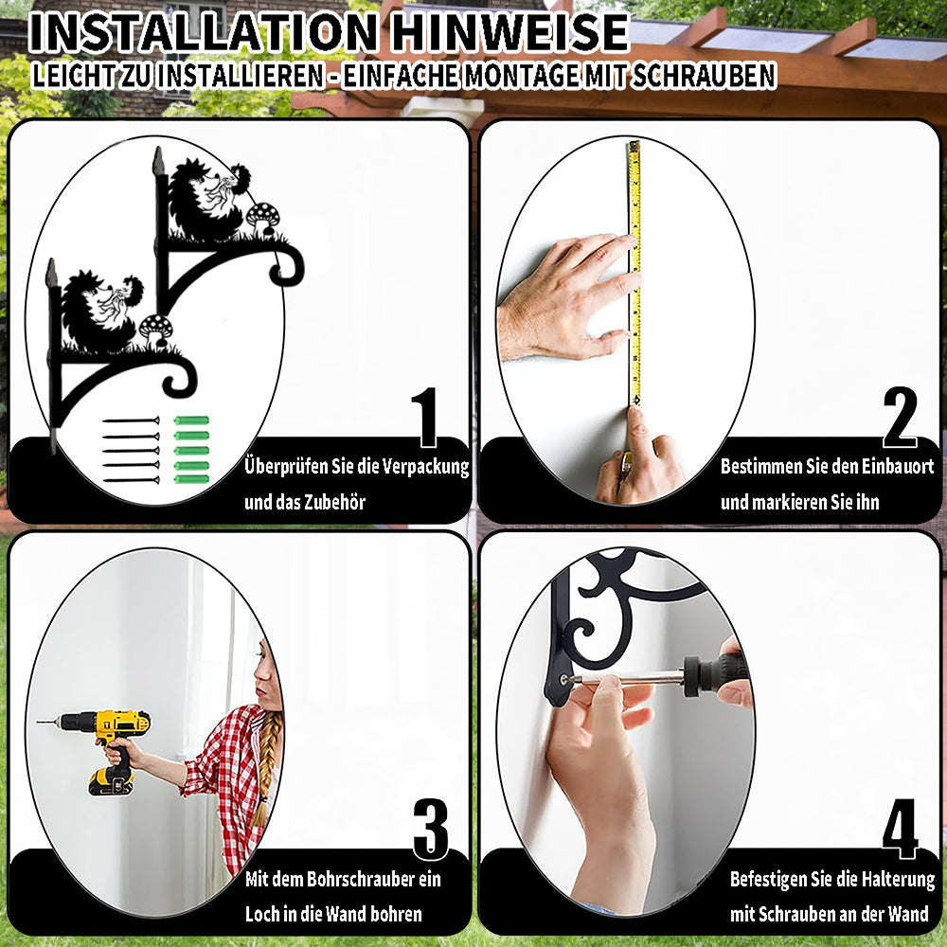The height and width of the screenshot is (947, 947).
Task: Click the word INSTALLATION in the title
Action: coord(203,32)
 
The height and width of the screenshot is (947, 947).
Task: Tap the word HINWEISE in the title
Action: coord(509,32)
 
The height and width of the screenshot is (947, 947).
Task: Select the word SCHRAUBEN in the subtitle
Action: coord(703,76)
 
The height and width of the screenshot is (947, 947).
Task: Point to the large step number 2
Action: coord(900,417)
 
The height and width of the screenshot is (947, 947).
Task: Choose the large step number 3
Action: coord(431,829)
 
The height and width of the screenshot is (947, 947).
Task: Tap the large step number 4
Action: coord(900,829)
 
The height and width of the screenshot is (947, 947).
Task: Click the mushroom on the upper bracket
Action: coord(262,219)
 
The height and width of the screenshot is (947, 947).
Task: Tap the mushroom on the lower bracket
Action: coord(155,331)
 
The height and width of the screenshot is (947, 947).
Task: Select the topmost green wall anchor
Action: coord(191,420)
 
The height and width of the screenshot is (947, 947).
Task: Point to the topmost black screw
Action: coord(131,420)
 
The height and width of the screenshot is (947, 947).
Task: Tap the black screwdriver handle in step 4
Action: coord(714,670)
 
